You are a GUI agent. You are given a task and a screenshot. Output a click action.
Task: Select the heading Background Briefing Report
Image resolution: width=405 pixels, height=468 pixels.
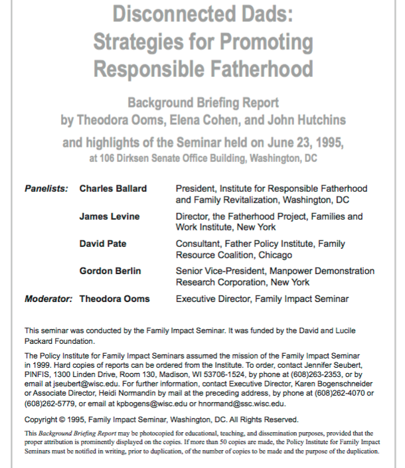tap(202, 104)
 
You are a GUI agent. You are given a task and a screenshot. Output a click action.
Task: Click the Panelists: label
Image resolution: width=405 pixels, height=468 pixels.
tap(46, 189)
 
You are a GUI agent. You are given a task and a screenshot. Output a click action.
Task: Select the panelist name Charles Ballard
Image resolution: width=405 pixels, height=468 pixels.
tap(113, 189)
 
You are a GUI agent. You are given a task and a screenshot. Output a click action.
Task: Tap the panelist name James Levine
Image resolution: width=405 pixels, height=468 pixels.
tap(110, 216)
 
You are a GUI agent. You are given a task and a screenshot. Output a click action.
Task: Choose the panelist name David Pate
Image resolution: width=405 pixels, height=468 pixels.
tap(103, 244)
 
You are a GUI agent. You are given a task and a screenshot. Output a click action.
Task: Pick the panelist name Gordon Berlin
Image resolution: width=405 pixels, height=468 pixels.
tap(111, 271)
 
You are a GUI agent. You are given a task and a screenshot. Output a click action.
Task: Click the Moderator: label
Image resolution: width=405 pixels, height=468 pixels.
tap(48, 299)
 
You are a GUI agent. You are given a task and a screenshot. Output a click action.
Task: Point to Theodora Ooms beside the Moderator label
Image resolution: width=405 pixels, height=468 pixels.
tap(114, 299)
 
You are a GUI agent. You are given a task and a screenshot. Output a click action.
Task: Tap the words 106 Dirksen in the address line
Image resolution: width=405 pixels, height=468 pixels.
tap(124, 159)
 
